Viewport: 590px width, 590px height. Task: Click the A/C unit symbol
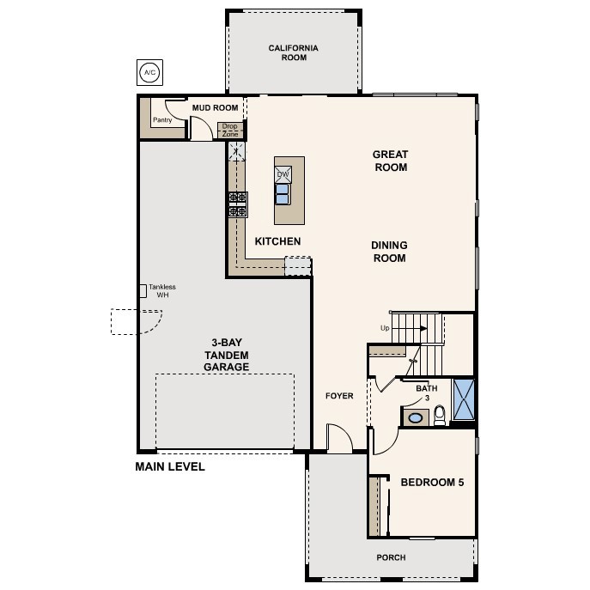(149, 70)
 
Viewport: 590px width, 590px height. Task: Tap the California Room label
(293, 53)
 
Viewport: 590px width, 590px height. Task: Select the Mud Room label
(214, 108)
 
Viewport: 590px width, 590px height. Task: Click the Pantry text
(161, 120)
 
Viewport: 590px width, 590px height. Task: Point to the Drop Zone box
(230, 131)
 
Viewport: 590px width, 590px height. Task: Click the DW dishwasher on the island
(283, 174)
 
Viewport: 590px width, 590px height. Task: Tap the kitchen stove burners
(237, 204)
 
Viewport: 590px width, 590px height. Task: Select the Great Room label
(390, 161)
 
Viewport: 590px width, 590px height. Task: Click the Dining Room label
(389, 252)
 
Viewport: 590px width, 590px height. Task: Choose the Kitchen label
(277, 241)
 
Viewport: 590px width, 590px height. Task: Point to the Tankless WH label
(162, 291)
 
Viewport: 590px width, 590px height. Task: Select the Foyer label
(339, 396)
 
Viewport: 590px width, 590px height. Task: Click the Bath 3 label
(427, 392)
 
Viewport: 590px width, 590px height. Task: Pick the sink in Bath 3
(416, 417)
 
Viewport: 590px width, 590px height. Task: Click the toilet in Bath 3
(440, 416)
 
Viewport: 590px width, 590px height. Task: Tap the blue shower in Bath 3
(464, 399)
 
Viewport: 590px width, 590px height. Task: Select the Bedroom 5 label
(432, 483)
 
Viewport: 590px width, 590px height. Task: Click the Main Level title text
(170, 467)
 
